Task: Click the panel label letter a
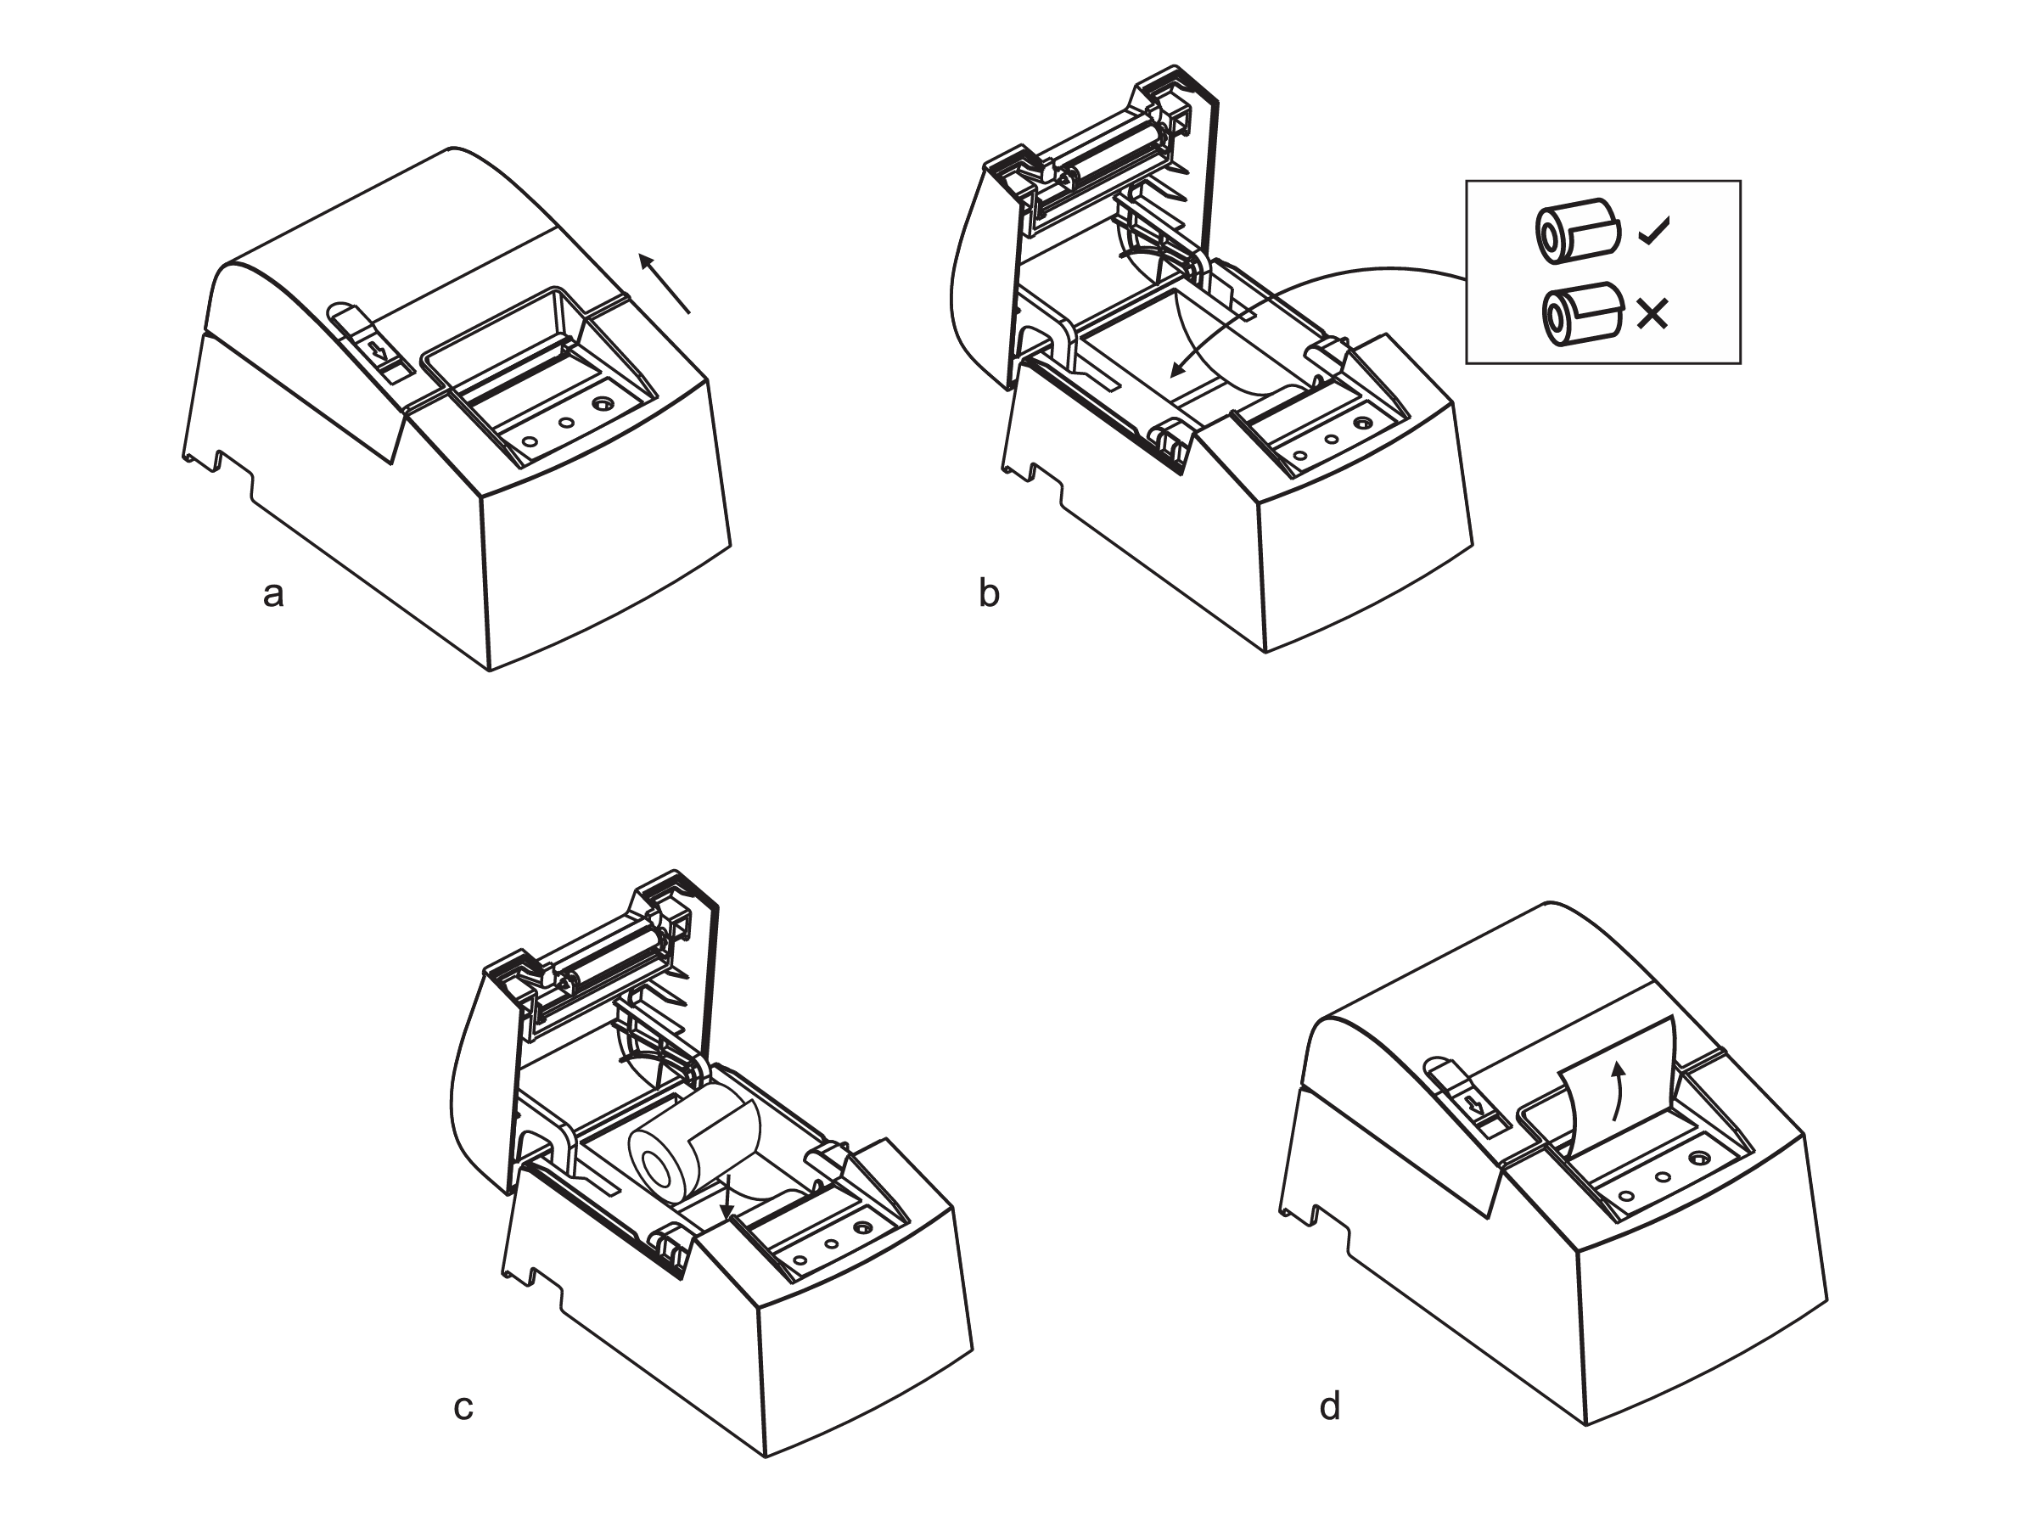tap(273, 594)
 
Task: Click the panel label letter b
tap(989, 592)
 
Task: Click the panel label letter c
tap(463, 1407)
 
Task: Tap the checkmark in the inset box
tap(1654, 231)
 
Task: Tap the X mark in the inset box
tap(1652, 315)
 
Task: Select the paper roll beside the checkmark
tap(1577, 232)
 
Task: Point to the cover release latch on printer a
tap(371, 342)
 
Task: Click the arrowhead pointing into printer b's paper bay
tap(1178, 369)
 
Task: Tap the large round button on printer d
tap(1697, 1159)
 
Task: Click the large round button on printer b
tap(1362, 424)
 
